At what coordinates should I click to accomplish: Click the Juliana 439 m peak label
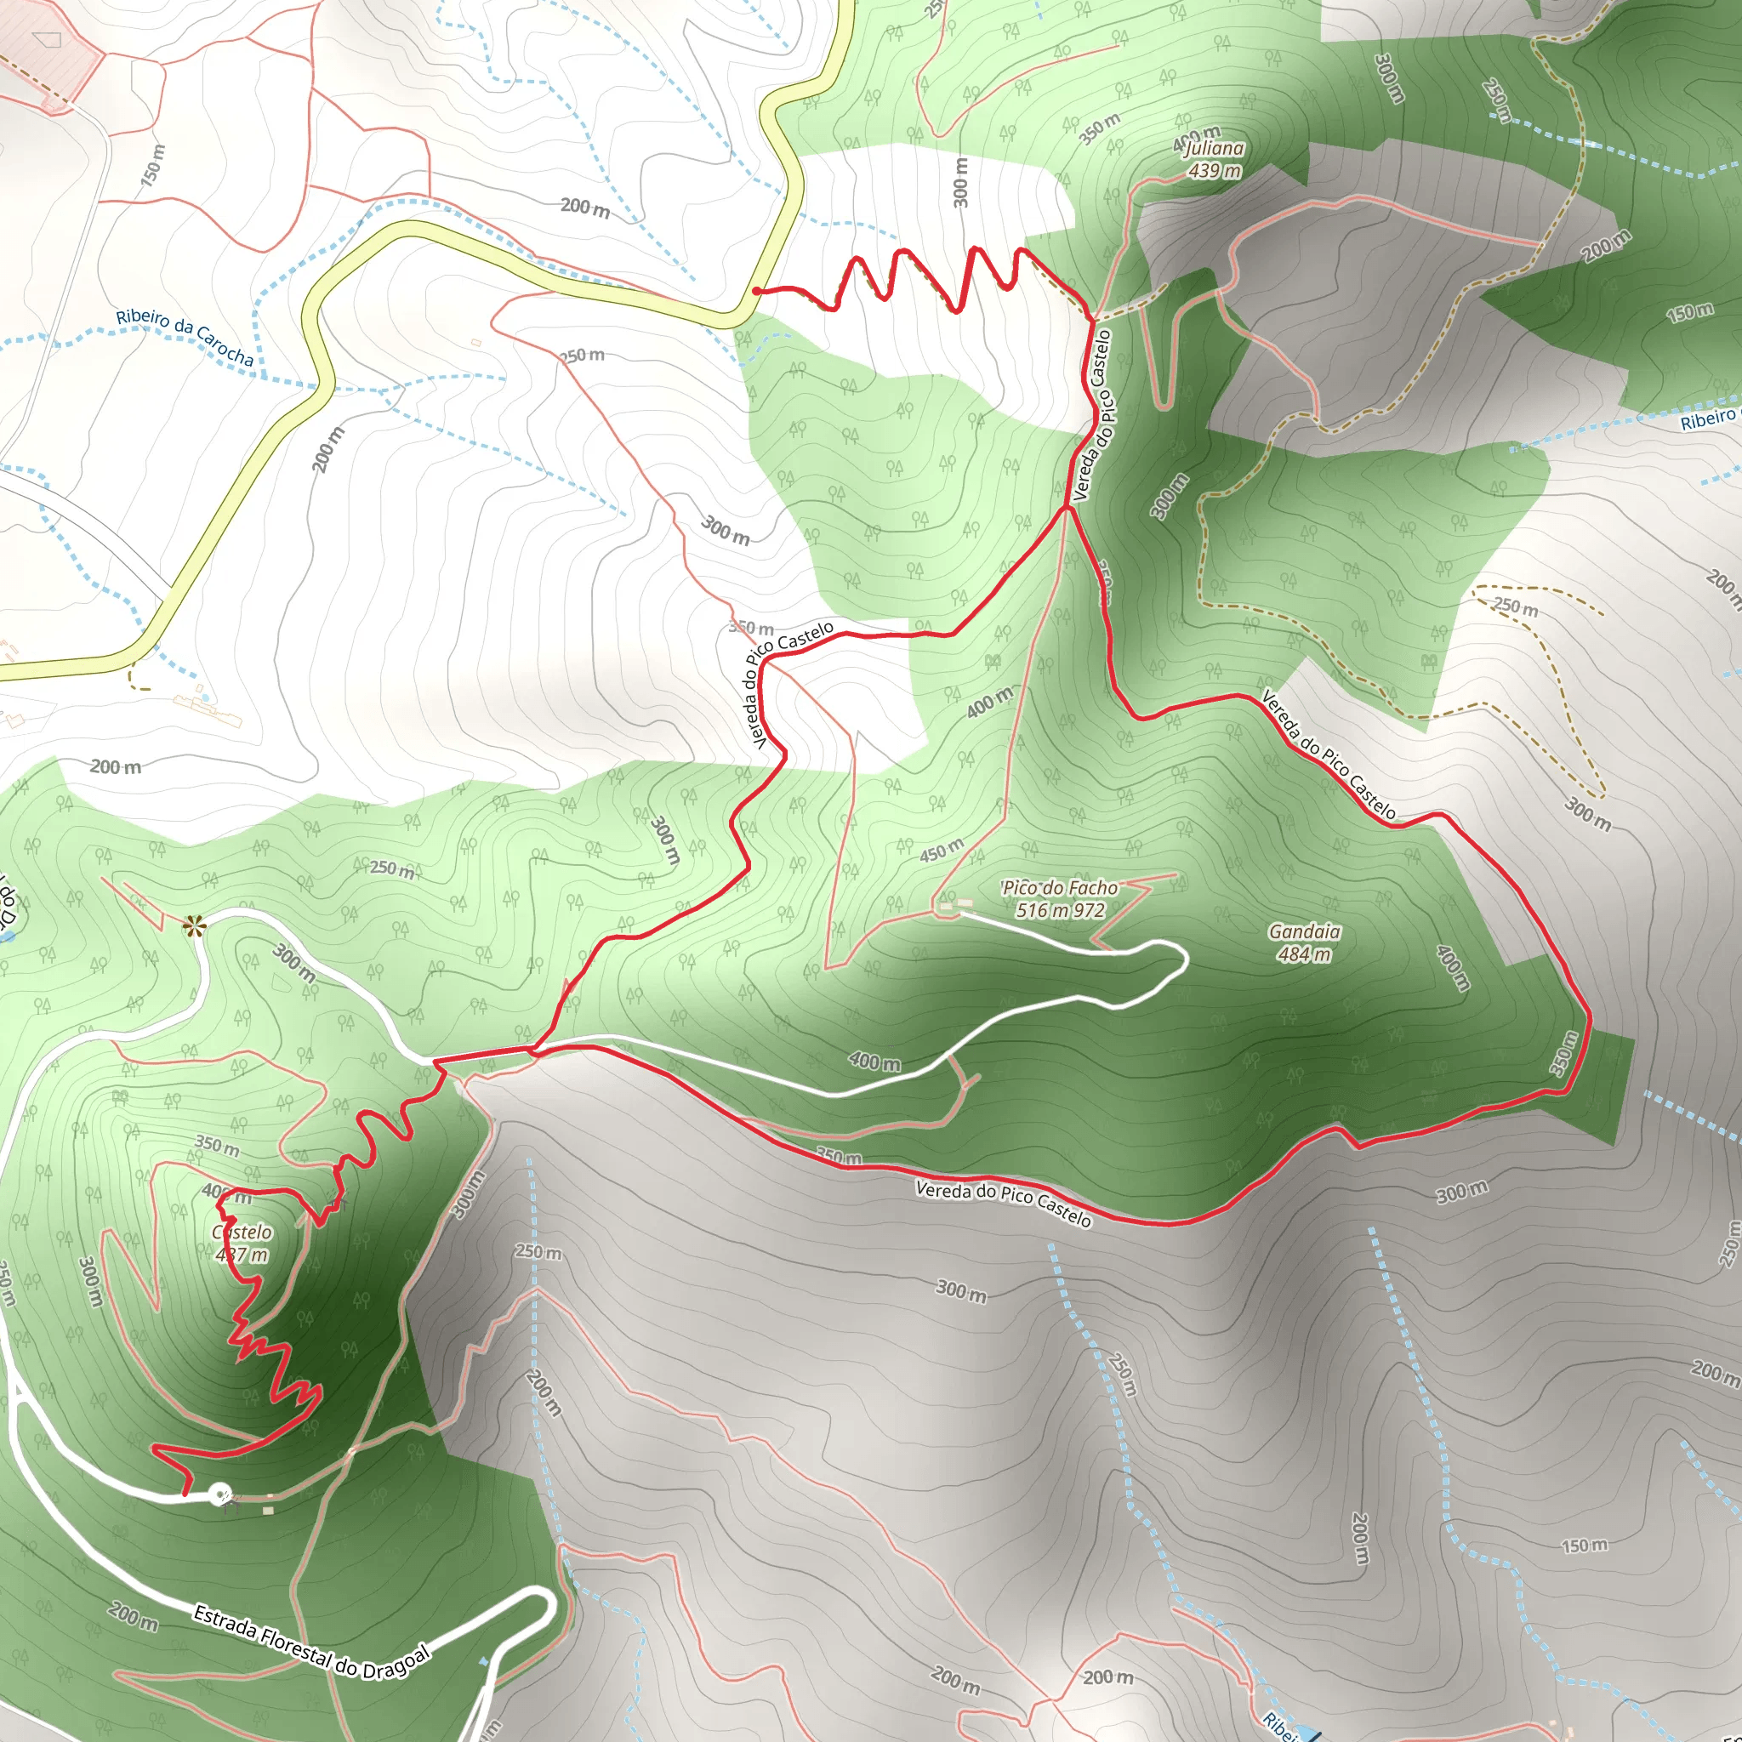1214,159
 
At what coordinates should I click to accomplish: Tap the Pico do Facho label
1060,899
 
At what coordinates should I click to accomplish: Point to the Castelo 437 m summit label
242,1243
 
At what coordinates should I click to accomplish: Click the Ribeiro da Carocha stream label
185,335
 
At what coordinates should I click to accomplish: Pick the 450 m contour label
942,851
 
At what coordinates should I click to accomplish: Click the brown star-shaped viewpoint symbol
193,925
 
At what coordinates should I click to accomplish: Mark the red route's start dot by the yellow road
756,290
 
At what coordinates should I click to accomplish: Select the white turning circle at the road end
219,1493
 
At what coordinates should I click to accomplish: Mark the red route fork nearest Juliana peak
1092,318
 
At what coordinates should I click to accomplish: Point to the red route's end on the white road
185,1494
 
